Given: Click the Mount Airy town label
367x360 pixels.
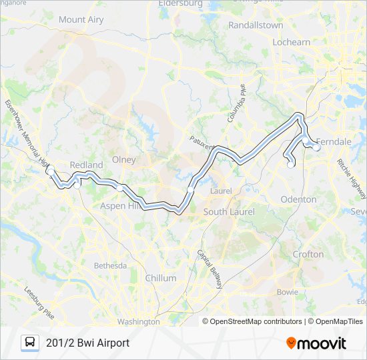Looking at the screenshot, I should (x=81, y=20).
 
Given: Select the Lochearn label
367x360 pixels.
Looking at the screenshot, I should (x=292, y=42).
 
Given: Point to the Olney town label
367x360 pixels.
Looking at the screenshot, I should (x=123, y=160).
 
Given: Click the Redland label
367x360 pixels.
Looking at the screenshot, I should (x=86, y=165).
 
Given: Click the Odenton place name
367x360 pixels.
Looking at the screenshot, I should (x=298, y=199).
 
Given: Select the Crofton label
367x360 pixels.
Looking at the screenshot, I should (x=308, y=254).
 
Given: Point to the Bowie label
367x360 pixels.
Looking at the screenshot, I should (x=288, y=292).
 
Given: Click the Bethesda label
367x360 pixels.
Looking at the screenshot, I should (x=110, y=265).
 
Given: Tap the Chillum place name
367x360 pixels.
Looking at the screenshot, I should (x=161, y=278).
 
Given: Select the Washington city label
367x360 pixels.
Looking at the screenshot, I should (x=138, y=321).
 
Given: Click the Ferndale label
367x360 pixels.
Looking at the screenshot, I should (x=333, y=142).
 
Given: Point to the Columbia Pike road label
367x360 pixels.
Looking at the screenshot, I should (x=236, y=103).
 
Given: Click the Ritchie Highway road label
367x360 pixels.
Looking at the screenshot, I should (x=350, y=178).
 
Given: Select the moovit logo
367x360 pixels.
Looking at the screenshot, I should (x=316, y=343).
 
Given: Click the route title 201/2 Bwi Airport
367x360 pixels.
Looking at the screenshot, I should (x=87, y=343).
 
